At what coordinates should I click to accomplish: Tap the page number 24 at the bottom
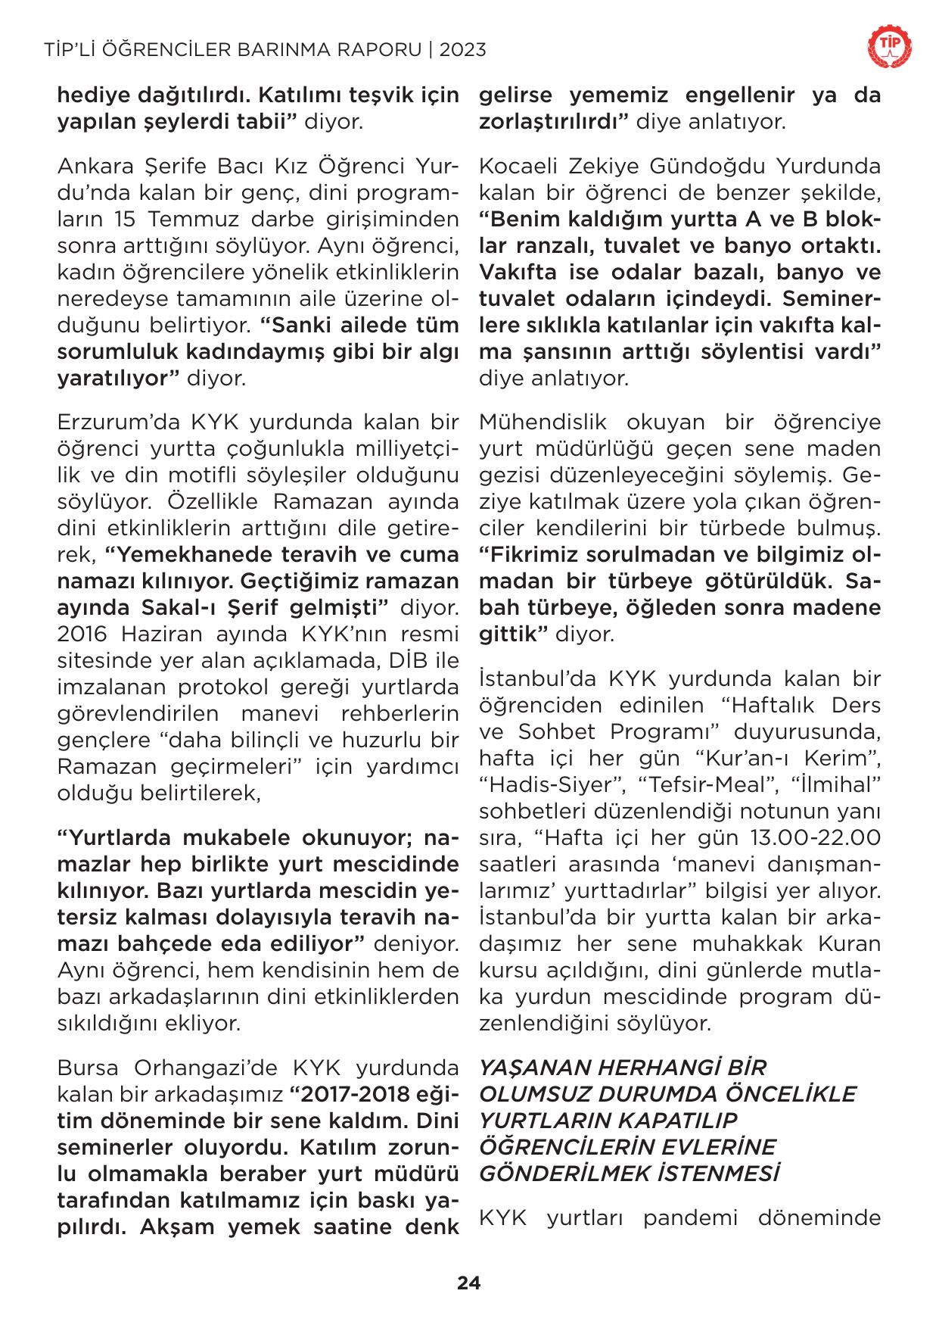click(x=468, y=1283)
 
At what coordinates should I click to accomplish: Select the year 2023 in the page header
click(x=462, y=51)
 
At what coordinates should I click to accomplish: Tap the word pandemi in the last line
click(x=711, y=1219)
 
